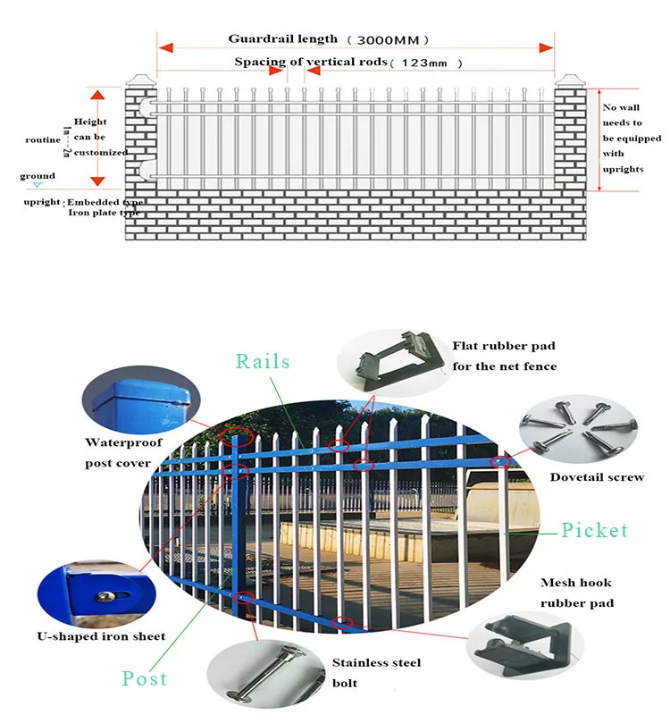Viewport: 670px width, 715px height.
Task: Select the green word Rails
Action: [263, 361]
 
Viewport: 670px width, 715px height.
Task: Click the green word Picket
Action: [594, 530]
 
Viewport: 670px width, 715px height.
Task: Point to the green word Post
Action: [145, 679]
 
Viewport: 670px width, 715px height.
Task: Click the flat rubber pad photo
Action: [391, 362]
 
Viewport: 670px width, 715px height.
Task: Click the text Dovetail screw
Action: [597, 477]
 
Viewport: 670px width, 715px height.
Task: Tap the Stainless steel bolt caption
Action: [376, 672]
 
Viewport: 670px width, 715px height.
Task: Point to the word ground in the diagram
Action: [37, 176]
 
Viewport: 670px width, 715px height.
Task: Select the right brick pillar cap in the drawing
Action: [568, 80]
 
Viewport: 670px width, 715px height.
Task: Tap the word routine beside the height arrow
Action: [43, 141]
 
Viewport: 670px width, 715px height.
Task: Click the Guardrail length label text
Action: [282, 38]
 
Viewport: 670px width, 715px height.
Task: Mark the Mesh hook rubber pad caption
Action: [576, 593]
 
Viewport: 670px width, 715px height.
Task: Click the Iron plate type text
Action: [104, 214]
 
